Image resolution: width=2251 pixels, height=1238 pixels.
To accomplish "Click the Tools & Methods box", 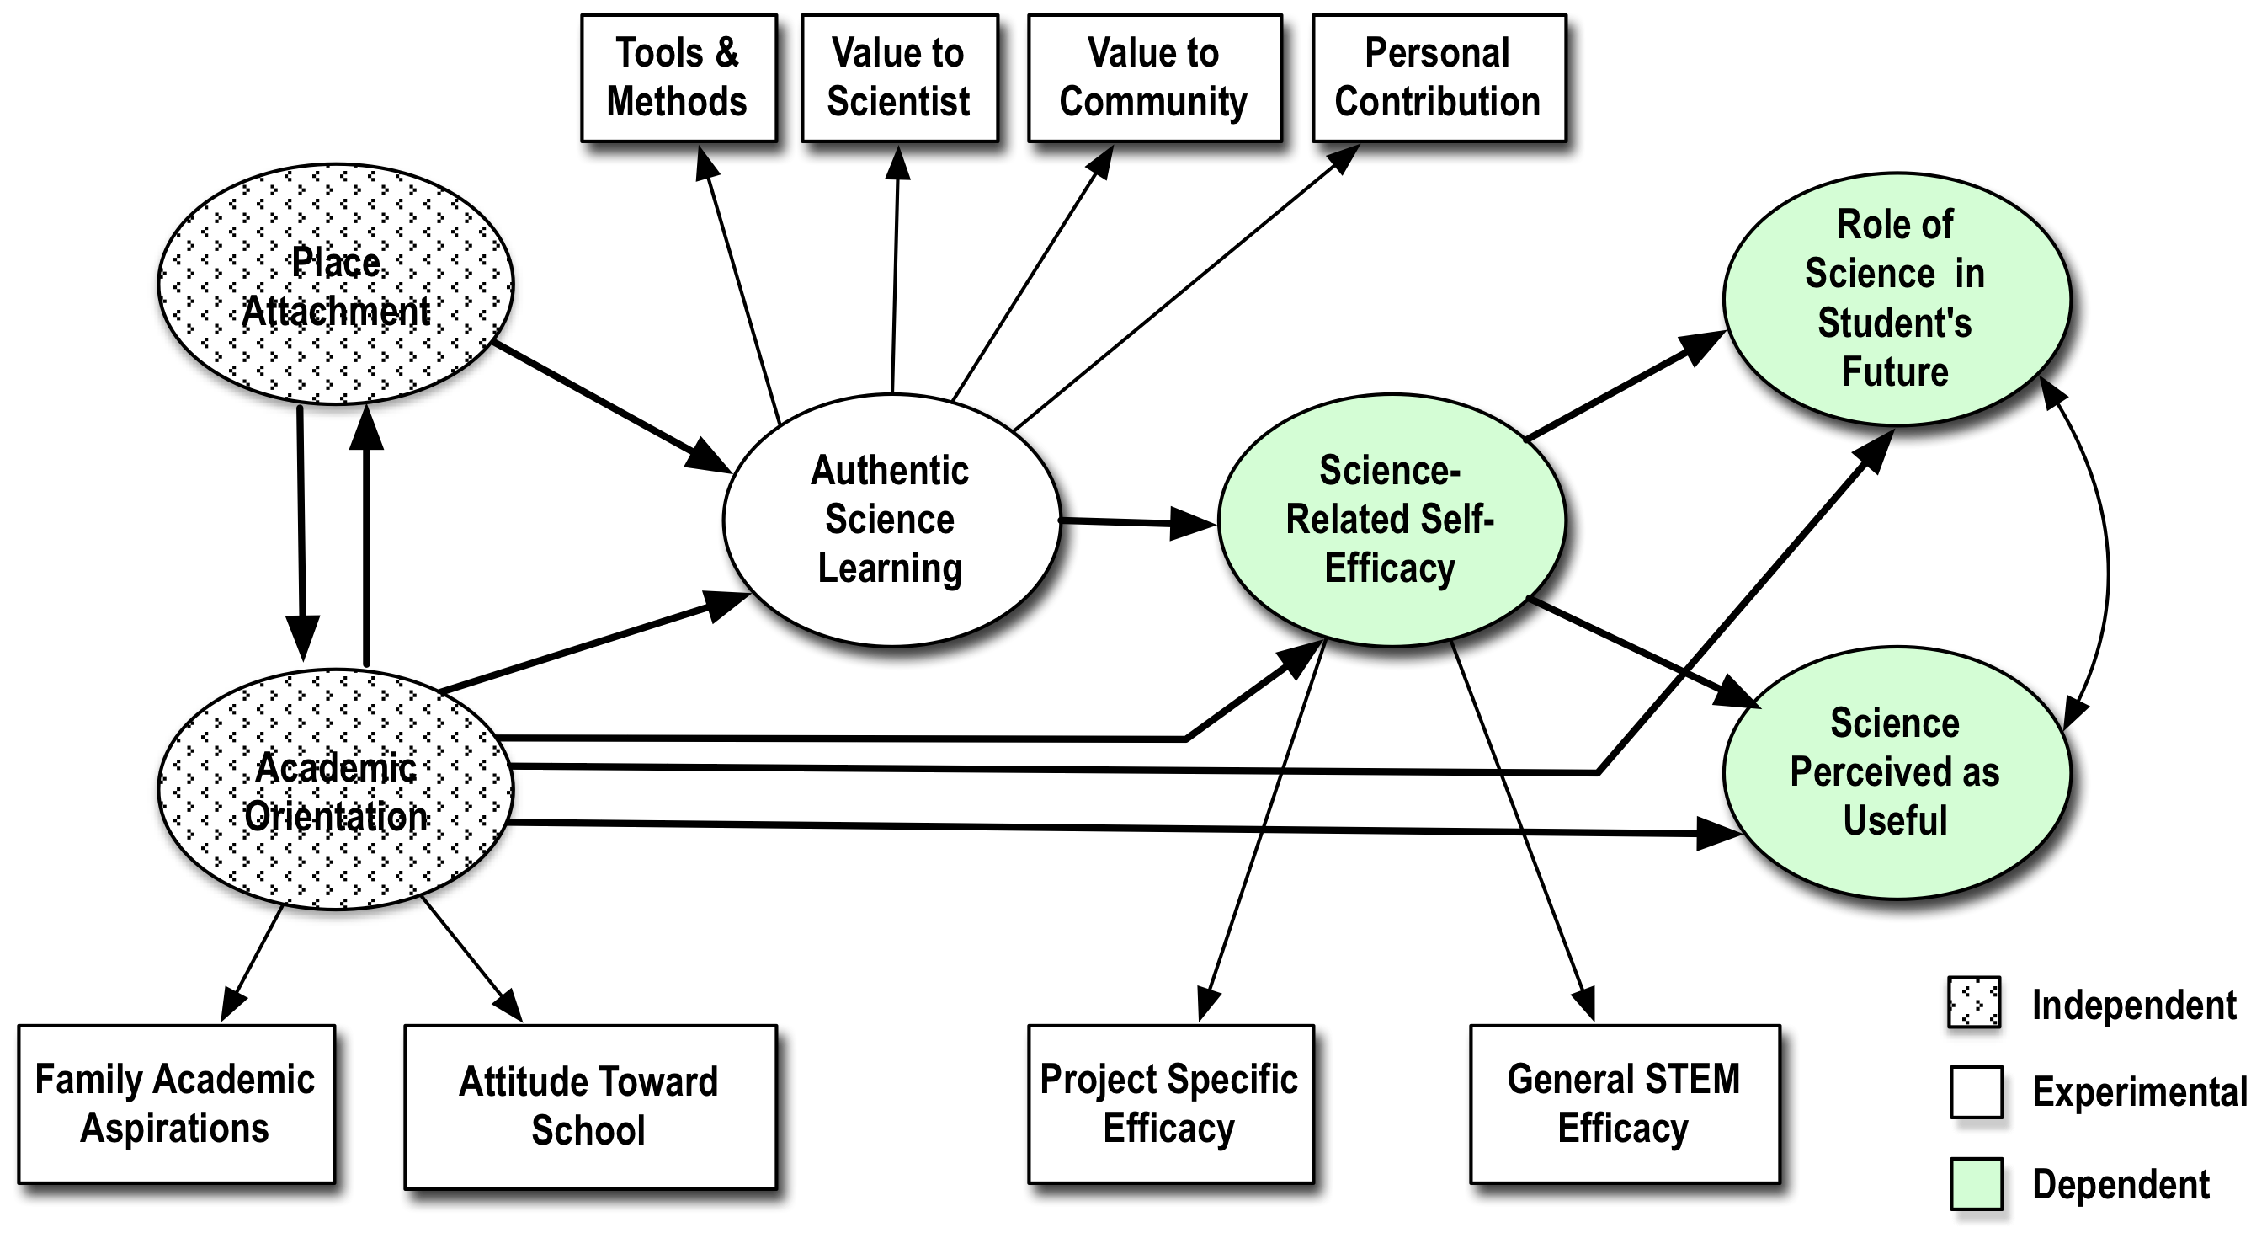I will tap(678, 77).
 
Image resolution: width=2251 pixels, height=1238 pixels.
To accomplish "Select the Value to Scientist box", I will tap(899, 77).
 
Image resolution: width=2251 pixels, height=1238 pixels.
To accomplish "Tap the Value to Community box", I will tap(1154, 77).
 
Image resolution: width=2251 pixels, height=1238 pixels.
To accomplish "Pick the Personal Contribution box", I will tap(1439, 77).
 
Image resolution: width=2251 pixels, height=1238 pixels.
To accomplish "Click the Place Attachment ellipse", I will tap(336, 285).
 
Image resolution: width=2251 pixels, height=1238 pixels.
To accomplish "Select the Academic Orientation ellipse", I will tap(336, 789).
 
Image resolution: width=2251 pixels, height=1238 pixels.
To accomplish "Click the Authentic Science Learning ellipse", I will tap(891, 520).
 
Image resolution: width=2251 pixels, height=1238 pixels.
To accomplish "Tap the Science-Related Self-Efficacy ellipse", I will tap(1392, 520).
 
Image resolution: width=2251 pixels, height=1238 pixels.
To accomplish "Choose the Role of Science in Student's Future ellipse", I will tap(1897, 299).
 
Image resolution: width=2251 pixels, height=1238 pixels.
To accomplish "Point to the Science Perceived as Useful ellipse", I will tap(1897, 773).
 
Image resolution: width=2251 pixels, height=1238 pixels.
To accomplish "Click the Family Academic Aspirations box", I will tap(176, 1104).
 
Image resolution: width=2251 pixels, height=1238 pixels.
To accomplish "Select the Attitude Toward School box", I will tap(590, 1106).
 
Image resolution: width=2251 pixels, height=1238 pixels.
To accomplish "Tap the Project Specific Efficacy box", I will tap(1170, 1104).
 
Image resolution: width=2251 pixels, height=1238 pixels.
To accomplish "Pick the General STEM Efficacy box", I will tap(1625, 1104).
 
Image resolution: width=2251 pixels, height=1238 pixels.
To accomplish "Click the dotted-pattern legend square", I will tap(1974, 1002).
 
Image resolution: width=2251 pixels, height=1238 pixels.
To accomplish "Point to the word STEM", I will tap(1694, 1080).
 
